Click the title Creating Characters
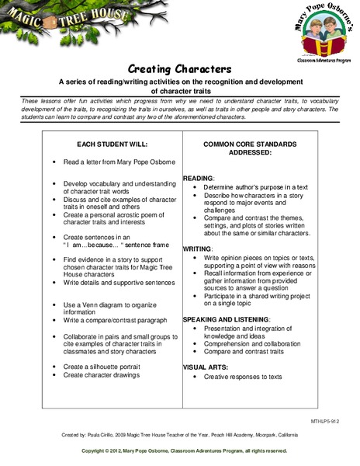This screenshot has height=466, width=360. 179,68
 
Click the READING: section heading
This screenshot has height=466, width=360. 199,179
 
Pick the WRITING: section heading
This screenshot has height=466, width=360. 199,248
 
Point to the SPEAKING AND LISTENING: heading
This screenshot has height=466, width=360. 226,319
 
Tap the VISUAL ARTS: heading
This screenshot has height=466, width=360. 206,366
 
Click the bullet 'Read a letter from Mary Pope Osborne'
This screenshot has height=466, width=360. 119,162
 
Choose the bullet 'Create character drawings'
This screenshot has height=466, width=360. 102,374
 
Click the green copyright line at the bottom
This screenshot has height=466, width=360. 179,450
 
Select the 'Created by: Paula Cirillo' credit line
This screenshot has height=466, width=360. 179,434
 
